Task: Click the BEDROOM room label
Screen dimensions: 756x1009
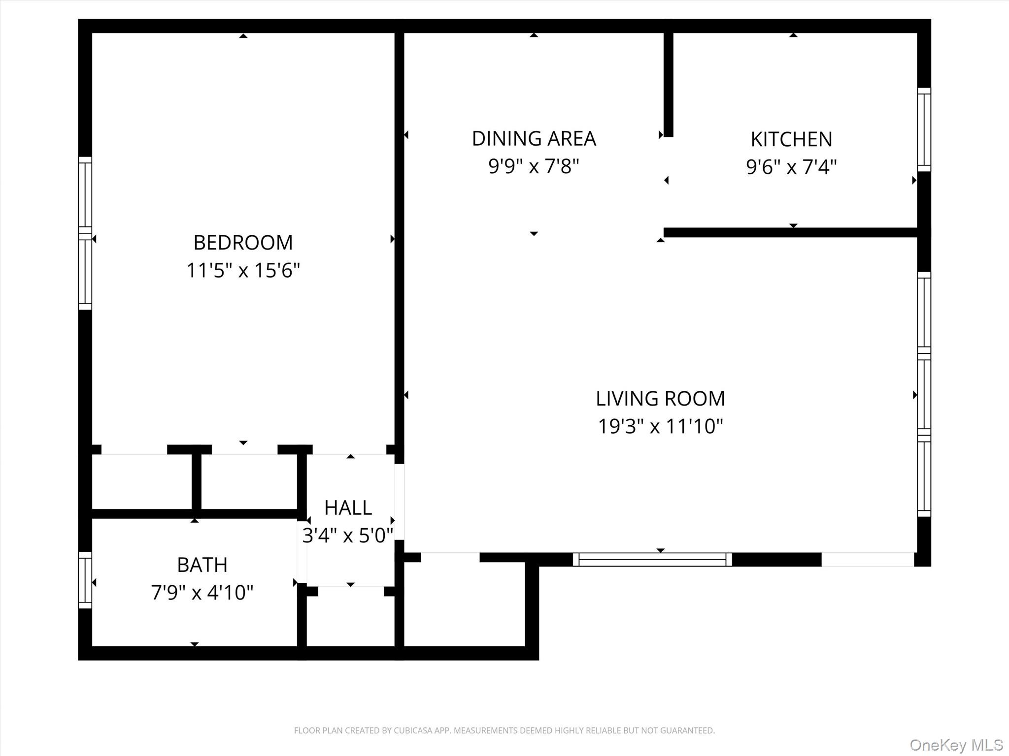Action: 243,243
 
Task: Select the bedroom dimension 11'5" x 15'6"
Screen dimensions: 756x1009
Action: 243,270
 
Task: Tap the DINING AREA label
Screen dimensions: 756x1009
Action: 534,139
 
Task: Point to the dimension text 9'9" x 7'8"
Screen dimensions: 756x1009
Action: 534,166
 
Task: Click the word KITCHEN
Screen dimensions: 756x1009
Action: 791,140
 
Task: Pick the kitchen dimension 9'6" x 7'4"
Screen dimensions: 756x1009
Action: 791,167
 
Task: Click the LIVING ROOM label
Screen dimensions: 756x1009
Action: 660,399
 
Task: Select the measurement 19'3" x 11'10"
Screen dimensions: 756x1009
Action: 660,426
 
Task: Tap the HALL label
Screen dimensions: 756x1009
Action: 348,508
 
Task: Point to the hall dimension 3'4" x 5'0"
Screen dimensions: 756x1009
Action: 348,535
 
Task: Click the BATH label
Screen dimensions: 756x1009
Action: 202,565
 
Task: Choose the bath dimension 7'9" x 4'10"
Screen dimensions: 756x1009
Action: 202,593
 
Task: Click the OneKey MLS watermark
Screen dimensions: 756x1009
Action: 956,745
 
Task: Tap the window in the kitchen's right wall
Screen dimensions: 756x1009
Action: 924,130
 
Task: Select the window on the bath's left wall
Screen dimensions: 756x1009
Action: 85,580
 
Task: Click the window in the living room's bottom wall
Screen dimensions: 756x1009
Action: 652,560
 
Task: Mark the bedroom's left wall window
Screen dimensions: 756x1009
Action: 85,233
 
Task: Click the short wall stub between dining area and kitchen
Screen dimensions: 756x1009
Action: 668,84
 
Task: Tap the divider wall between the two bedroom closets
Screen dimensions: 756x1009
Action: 196,480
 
